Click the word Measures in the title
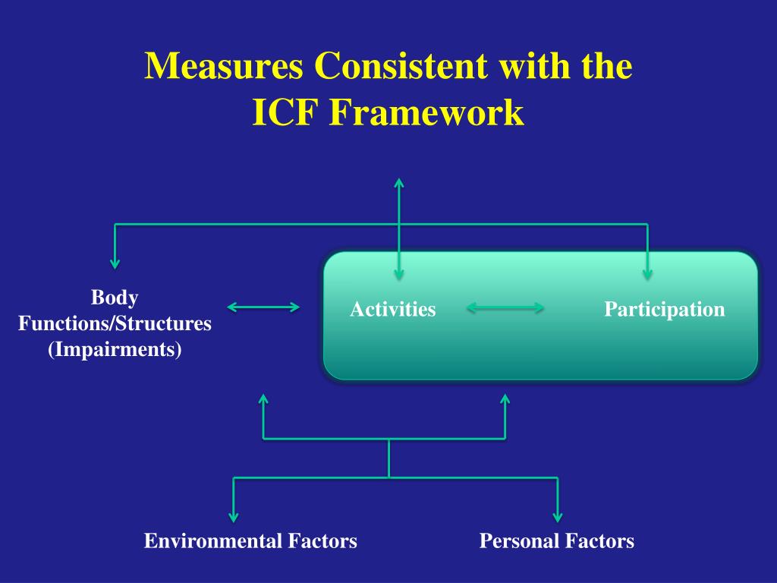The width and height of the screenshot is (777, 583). coord(225,67)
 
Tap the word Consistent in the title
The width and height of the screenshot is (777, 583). coord(401,67)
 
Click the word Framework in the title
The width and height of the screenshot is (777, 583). coord(426,113)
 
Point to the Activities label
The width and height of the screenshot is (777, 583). coord(392,310)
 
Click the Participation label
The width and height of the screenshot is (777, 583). coord(664,310)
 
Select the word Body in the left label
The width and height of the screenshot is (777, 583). coord(115,296)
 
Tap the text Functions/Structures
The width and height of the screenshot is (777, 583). coord(115,323)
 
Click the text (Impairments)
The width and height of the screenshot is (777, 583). coord(115,351)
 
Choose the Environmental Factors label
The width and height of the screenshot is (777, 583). coord(250,541)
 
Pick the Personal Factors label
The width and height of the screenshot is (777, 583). coord(556,541)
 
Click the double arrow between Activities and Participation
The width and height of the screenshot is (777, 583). coord(505,307)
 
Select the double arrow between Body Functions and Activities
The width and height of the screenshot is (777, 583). coord(263,307)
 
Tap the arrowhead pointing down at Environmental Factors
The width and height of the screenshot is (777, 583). coord(234,517)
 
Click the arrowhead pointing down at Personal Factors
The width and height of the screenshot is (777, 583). coord(558,517)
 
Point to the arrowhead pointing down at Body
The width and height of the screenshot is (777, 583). coord(115,263)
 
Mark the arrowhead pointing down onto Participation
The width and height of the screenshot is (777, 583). coord(647,275)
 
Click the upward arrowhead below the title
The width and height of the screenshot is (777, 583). coord(399,183)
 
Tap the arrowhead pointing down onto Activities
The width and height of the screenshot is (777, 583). coord(399,275)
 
